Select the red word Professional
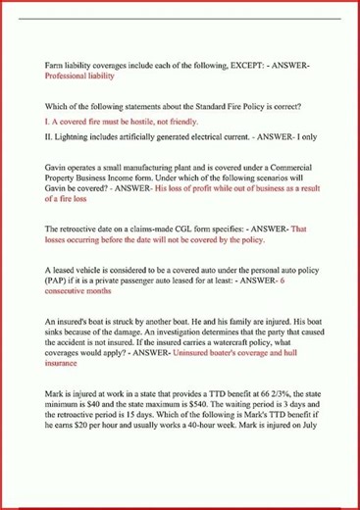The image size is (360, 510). click(70, 76)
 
